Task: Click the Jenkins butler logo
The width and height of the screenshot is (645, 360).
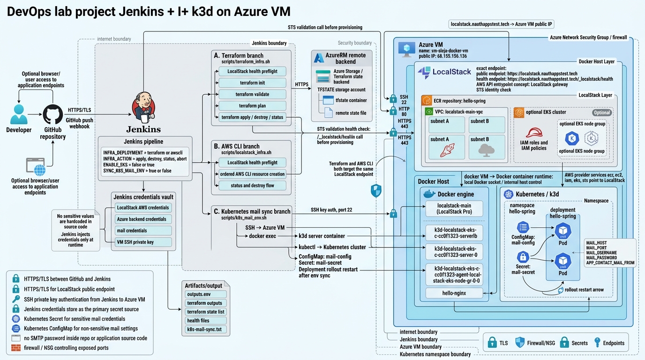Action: [x=143, y=107]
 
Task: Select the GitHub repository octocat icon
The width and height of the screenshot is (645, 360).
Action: [x=52, y=114]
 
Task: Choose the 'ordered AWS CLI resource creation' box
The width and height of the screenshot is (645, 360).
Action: [x=252, y=174]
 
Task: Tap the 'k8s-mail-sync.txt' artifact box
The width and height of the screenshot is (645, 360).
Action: [x=205, y=330]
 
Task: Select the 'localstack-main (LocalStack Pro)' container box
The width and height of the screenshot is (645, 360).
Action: [x=453, y=209]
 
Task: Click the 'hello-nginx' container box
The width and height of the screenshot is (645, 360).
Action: [x=453, y=293]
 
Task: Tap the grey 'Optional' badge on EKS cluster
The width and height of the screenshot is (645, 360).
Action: [x=601, y=112]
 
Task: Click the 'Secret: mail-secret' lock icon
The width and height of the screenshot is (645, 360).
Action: [x=523, y=257]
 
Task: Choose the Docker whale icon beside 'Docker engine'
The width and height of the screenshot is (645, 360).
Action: [x=429, y=194]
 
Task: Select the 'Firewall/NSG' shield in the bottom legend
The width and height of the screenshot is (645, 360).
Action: [x=519, y=343]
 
